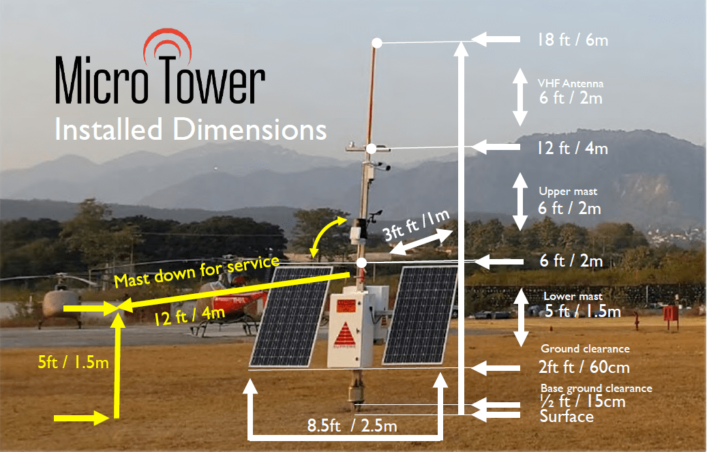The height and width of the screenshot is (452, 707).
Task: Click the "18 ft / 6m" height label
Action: [x=572, y=40]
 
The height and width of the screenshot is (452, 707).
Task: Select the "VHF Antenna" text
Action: [x=571, y=83]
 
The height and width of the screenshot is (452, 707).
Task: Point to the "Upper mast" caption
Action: [x=568, y=192]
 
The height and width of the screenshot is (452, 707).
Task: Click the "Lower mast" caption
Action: [x=573, y=297]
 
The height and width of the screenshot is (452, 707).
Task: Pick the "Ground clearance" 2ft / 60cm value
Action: [x=584, y=367]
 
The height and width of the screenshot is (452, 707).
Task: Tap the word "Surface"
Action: [x=566, y=416]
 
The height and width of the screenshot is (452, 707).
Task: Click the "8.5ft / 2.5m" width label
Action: [x=351, y=427]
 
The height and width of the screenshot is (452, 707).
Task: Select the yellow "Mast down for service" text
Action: [x=196, y=271]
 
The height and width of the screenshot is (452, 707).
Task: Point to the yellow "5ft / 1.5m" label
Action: [x=74, y=361]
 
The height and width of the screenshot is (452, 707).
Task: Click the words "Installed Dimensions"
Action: [x=190, y=129]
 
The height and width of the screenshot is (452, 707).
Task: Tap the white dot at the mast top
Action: [x=376, y=42]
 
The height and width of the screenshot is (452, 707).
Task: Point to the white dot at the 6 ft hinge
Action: [x=362, y=262]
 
